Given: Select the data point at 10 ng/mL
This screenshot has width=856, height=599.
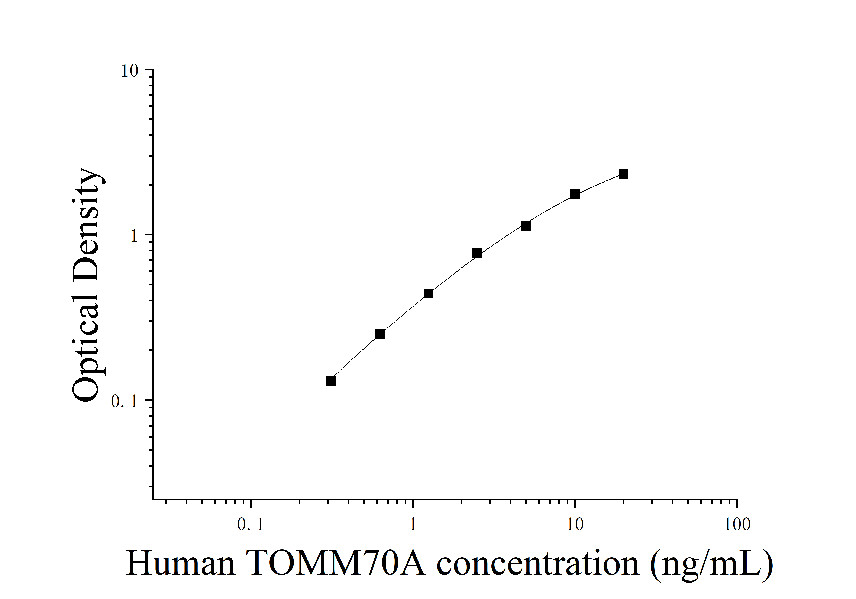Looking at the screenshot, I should tap(575, 194).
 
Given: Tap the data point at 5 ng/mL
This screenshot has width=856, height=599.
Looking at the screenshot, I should tap(526, 226).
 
